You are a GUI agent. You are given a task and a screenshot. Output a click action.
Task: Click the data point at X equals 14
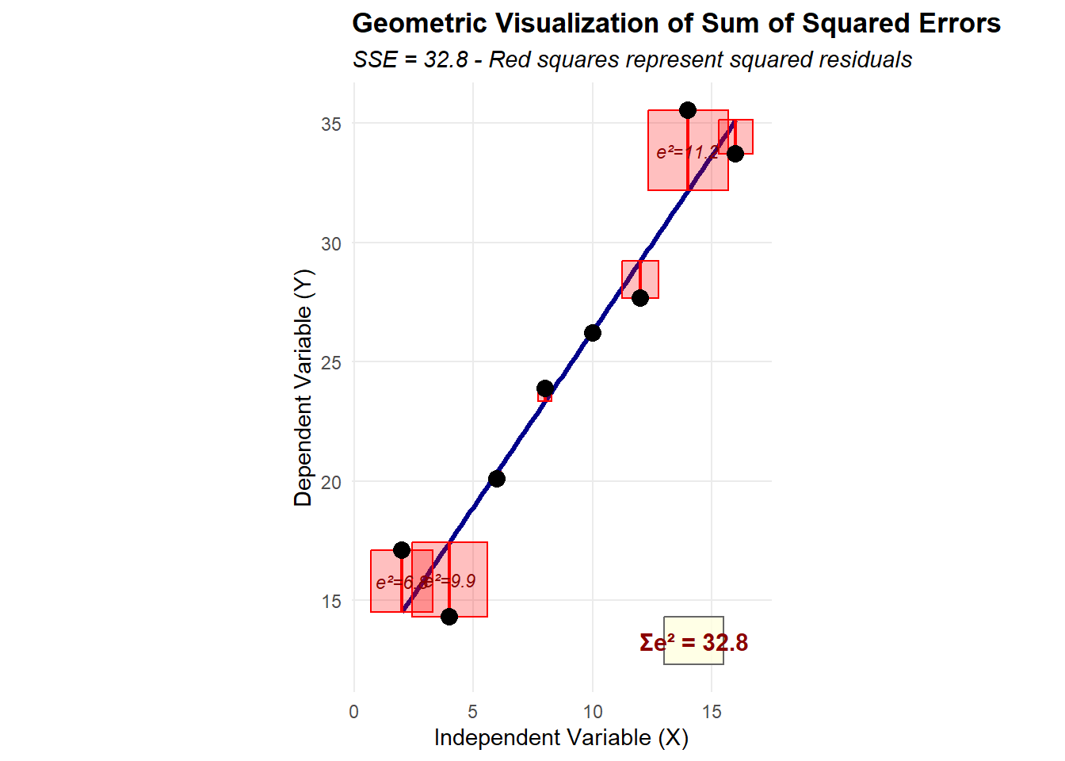click(x=688, y=110)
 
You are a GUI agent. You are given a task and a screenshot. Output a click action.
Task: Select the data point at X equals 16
click(x=735, y=153)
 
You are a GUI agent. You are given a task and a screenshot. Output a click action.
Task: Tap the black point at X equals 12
click(x=640, y=298)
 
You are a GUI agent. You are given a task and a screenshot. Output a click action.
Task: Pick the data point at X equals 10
click(x=593, y=333)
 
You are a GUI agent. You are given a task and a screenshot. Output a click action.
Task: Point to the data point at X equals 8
click(x=545, y=388)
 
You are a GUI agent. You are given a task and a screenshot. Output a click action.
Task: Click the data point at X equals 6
click(x=497, y=479)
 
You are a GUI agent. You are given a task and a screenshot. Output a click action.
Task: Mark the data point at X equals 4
click(x=449, y=617)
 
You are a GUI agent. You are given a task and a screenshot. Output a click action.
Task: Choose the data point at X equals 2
click(x=402, y=550)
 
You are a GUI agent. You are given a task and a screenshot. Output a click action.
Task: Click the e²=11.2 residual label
click(x=687, y=152)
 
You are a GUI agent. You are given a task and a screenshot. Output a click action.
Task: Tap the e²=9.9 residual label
click(x=452, y=582)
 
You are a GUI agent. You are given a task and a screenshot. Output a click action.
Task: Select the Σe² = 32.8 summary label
click(x=693, y=642)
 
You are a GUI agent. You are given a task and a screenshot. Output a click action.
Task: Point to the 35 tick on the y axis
click(x=331, y=124)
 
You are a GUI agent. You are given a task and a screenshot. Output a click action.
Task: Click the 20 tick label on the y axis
click(x=331, y=482)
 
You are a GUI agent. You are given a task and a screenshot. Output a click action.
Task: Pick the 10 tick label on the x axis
click(x=593, y=712)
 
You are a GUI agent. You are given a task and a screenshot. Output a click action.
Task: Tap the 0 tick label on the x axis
click(x=354, y=712)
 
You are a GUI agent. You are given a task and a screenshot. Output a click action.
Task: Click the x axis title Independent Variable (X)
click(x=561, y=738)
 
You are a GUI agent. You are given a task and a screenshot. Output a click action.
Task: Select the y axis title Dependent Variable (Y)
click(x=303, y=388)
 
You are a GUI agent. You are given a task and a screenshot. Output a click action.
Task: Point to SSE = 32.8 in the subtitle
click(x=410, y=60)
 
